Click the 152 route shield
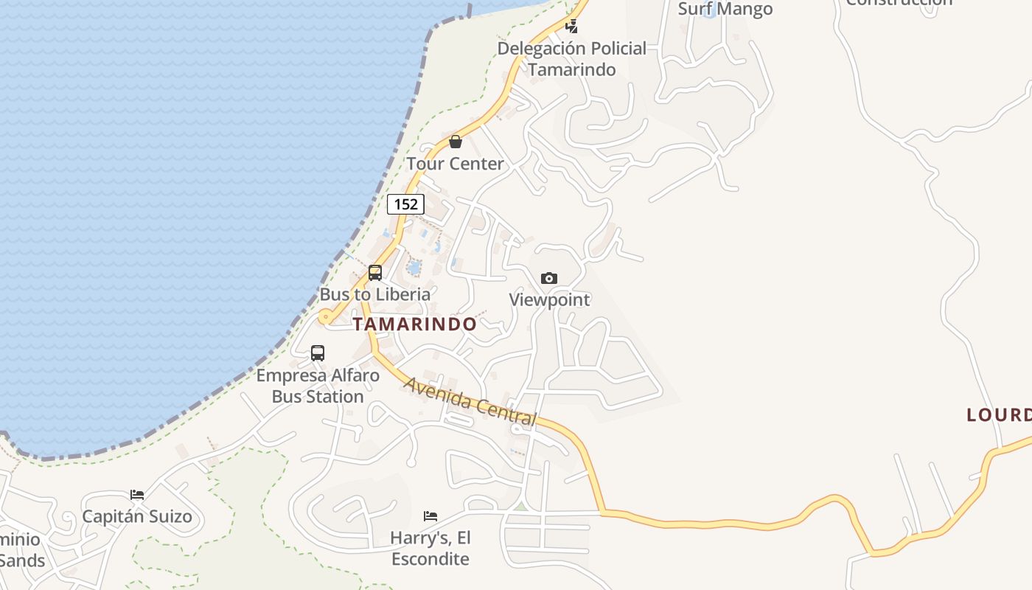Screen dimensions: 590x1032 click(x=406, y=204)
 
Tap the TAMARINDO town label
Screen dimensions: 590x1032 click(x=414, y=324)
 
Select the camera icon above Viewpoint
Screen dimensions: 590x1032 click(x=549, y=278)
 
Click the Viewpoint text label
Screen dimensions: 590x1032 click(x=550, y=300)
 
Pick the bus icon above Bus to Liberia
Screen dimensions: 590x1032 click(x=375, y=273)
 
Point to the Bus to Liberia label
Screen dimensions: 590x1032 click(x=375, y=294)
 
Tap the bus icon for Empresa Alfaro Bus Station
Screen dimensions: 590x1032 click(x=318, y=353)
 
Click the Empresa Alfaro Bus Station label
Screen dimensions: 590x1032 click(x=318, y=386)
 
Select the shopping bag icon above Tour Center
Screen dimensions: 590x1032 click(x=456, y=142)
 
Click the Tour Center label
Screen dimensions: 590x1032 click(x=456, y=164)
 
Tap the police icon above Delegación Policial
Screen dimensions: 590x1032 click(x=571, y=27)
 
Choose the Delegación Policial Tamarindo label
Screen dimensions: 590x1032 click(x=572, y=59)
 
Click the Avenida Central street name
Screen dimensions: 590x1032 click(x=470, y=402)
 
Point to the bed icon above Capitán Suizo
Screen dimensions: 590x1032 click(x=137, y=494)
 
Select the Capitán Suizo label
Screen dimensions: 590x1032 click(x=137, y=516)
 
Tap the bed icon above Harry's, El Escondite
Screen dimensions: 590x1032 click(x=430, y=516)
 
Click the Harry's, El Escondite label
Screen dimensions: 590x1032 click(x=430, y=548)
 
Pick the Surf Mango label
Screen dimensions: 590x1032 click(x=725, y=9)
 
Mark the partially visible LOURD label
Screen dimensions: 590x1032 click(x=999, y=415)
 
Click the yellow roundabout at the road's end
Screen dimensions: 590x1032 click(x=324, y=318)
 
